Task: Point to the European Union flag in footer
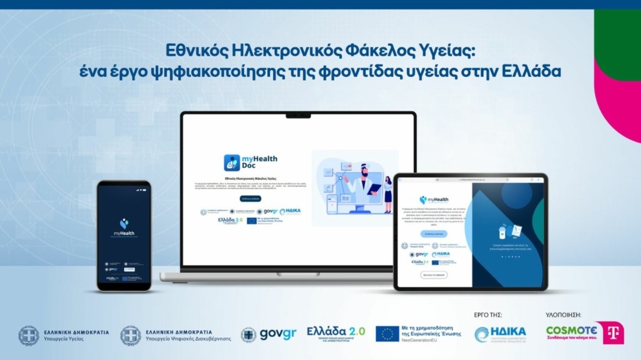[387, 334]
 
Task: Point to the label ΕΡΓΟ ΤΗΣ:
[489, 315]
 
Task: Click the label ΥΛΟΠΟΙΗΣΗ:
[564, 315]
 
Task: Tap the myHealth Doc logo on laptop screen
[250, 163]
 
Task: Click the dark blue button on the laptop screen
[250, 198]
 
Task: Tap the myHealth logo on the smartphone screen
[124, 226]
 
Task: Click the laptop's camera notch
[298, 116]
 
